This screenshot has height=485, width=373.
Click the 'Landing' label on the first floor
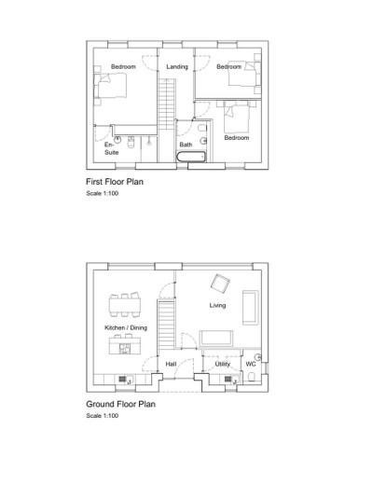[x=177, y=67]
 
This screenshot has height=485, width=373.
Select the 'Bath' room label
[x=186, y=145]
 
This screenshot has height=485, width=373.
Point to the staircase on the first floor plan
[x=169, y=103]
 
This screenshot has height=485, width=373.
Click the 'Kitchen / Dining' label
[x=125, y=328]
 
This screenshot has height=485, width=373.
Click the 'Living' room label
[x=217, y=305]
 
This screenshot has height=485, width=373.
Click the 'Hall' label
[x=172, y=364]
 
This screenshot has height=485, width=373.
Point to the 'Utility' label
[x=222, y=364]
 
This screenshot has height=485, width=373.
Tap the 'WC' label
[x=251, y=364]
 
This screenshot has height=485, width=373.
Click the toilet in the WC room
[x=252, y=376]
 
